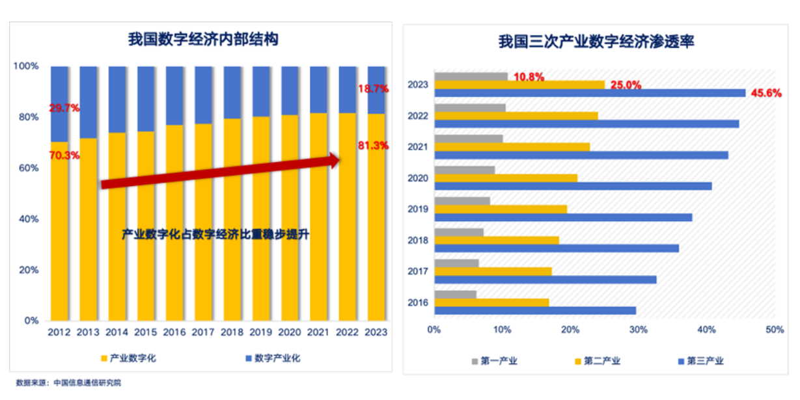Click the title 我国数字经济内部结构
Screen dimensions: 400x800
pos(203,40)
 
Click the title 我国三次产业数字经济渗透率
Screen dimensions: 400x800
pos(596,43)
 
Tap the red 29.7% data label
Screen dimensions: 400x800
pos(64,108)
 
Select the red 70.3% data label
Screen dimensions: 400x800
pos(64,155)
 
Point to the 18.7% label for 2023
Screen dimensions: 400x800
pos(374,88)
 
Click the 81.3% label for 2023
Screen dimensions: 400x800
pos(374,146)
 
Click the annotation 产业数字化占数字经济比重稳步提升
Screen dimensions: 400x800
pos(215,234)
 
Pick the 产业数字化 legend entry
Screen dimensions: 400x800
pos(128,358)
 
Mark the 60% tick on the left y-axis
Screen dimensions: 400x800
pos(27,168)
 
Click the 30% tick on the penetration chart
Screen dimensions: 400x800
pos(638,330)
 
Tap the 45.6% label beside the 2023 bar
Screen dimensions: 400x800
pos(766,93)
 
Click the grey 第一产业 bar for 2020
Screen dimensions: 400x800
pos(464,170)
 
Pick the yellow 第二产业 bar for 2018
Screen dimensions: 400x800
pos(496,240)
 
